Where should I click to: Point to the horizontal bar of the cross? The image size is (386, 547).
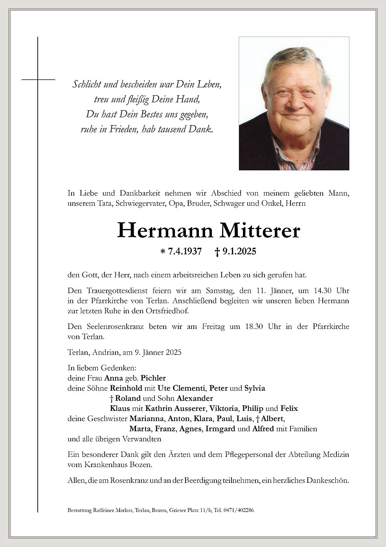point(38,79)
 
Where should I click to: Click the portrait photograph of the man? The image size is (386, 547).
point(294,103)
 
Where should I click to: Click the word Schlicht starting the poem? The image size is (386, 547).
point(86,84)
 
